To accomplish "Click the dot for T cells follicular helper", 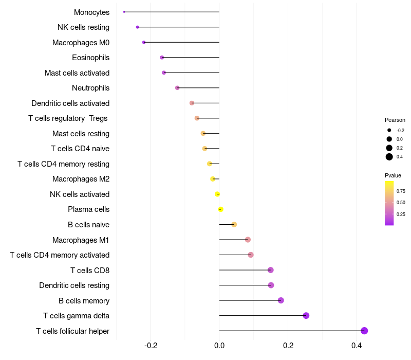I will [364, 331].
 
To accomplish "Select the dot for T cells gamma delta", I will [306, 316].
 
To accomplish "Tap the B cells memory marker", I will [281, 300].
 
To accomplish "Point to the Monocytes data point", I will [124, 12].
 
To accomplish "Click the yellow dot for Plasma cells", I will [220, 209].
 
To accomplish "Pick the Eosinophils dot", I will [162, 58].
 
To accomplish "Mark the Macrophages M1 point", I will [248, 240].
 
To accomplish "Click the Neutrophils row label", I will [90, 88].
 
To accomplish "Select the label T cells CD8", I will [89, 270].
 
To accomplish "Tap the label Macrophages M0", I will [81, 42].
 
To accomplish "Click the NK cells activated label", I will [80, 194].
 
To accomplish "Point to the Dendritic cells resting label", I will [74, 285].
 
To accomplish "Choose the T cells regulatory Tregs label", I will [68, 118].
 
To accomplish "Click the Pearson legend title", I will [395, 120].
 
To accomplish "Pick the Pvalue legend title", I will [393, 175].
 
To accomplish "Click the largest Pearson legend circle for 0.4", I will [389, 157].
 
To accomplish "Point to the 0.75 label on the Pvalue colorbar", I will [401, 191].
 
